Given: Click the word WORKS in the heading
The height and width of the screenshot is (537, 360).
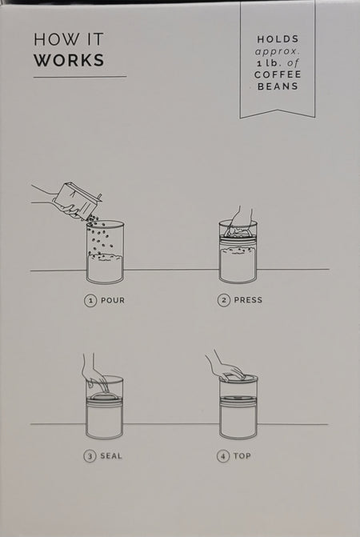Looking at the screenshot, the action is (x=69, y=60).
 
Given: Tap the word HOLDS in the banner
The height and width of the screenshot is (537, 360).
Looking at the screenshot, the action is (x=278, y=39).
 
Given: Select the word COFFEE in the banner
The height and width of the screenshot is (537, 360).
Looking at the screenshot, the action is (x=278, y=74).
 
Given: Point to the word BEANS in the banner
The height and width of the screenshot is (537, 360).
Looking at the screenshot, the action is (x=278, y=86).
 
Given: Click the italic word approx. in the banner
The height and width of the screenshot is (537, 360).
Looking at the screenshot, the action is (x=278, y=52).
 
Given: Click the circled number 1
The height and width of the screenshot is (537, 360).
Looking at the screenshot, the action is (x=90, y=301).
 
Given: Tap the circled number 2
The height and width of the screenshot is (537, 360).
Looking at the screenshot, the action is (x=223, y=300).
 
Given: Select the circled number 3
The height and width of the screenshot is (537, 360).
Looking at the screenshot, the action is (x=90, y=456).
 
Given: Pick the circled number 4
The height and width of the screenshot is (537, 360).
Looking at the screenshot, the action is (x=222, y=456).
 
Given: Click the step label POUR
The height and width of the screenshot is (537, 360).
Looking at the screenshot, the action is (x=113, y=300).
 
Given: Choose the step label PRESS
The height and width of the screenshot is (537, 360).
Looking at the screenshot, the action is (x=248, y=300).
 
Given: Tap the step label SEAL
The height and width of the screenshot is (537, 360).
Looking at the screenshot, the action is (x=111, y=456).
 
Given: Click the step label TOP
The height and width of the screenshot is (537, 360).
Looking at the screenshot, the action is (x=242, y=456).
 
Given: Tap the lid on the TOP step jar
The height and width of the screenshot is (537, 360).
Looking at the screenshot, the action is (x=238, y=378).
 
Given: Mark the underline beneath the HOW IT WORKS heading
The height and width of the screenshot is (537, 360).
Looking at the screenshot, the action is (x=80, y=77).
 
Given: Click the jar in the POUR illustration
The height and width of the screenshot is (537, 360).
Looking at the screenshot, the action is (x=105, y=252).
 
